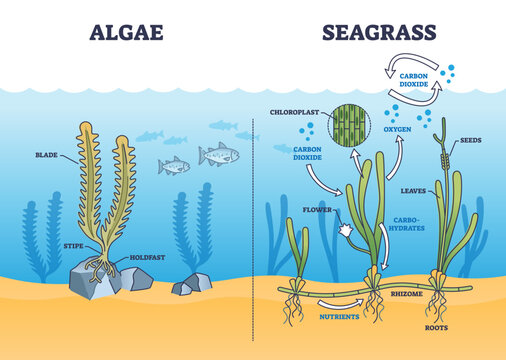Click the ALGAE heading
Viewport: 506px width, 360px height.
tap(127, 33)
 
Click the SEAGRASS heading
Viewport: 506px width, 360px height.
tap(379, 33)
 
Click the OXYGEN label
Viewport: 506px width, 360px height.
tap(399, 155)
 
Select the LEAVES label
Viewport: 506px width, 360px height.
tap(412, 189)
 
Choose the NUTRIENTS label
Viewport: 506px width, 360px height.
tap(340, 317)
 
